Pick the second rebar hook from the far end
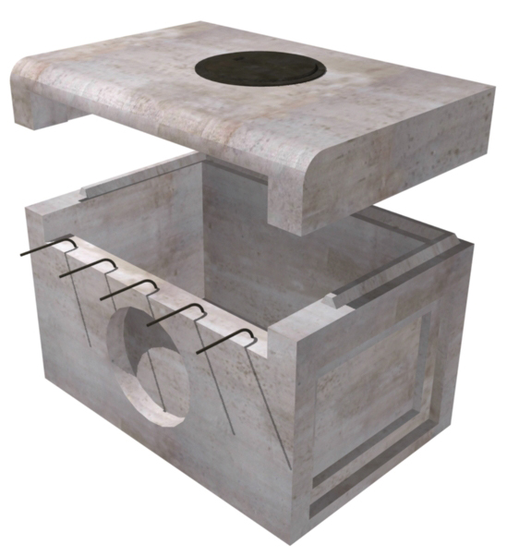click(91, 267)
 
